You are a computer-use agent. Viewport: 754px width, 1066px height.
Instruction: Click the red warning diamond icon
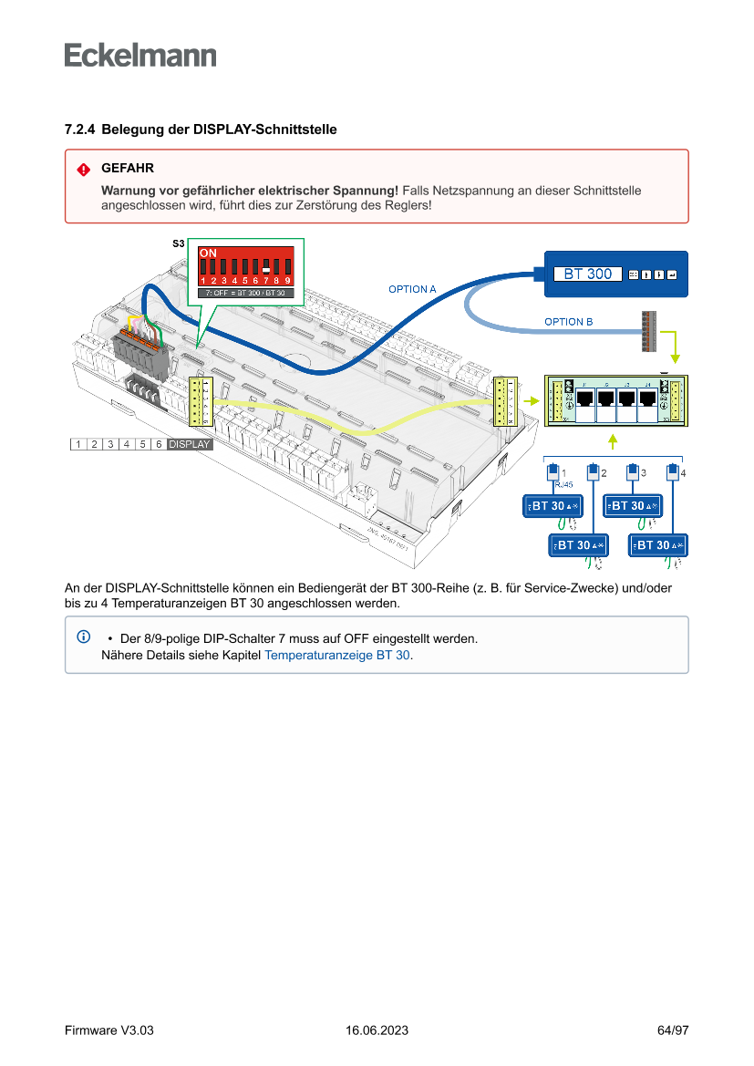coord(83,170)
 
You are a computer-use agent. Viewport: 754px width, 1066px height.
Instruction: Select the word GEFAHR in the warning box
coord(128,169)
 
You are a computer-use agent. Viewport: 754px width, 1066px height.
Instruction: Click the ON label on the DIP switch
coord(208,252)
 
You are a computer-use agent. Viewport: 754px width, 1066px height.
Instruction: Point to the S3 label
coord(179,244)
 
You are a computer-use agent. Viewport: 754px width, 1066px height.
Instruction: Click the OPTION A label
coord(412,289)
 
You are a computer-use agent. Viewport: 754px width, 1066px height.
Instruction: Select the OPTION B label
coord(568,322)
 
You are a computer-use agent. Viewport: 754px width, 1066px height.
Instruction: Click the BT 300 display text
coord(587,274)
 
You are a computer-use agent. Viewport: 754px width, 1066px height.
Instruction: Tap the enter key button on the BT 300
coord(672,274)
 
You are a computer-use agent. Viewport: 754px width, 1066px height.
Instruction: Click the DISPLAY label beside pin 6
coord(189,444)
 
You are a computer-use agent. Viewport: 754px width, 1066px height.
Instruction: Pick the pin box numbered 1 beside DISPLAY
coord(78,444)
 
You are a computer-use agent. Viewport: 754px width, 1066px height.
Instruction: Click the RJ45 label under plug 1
coord(563,485)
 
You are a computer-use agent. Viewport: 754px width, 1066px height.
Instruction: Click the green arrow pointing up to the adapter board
coord(613,441)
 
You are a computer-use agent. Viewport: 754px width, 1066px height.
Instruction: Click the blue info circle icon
coord(83,636)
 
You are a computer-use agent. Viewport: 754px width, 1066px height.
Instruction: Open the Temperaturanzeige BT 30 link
coord(336,655)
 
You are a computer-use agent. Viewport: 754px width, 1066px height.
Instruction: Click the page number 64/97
coord(673,1030)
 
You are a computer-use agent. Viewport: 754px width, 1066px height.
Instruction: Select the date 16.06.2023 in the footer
coord(377,1030)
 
